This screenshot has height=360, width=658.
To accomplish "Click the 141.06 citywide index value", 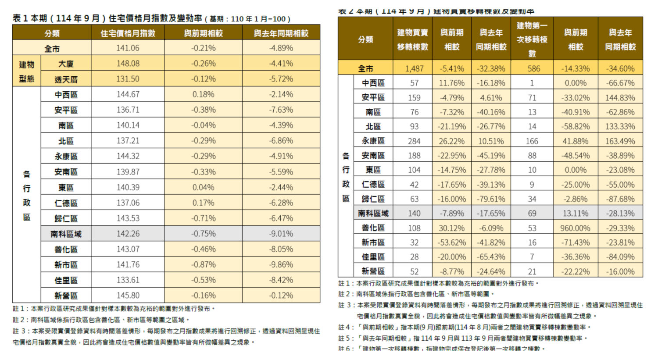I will tap(128, 48).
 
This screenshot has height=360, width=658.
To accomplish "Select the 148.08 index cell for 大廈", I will tap(128, 64).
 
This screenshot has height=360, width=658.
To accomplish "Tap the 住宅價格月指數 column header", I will tap(128, 33).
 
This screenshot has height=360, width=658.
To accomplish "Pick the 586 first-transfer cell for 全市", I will tap(532, 68).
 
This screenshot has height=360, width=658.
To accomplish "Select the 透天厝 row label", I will tap(66, 79).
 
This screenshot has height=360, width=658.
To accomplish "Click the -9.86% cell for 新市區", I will tap(281, 265).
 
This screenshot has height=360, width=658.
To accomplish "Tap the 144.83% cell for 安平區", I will tap(620, 97).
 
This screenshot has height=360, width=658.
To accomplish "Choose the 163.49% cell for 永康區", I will tap(620, 141).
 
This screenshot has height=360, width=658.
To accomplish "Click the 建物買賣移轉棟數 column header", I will tap(412, 39).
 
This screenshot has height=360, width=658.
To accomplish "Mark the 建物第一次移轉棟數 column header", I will tap(532, 39).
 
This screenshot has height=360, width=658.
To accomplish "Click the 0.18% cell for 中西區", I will tap(203, 95).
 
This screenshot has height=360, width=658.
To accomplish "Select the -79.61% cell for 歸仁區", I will tap(491, 199).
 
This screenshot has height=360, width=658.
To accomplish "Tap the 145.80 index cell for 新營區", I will tap(128, 296).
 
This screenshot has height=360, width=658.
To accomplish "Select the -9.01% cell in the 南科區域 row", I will tap(281, 234).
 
